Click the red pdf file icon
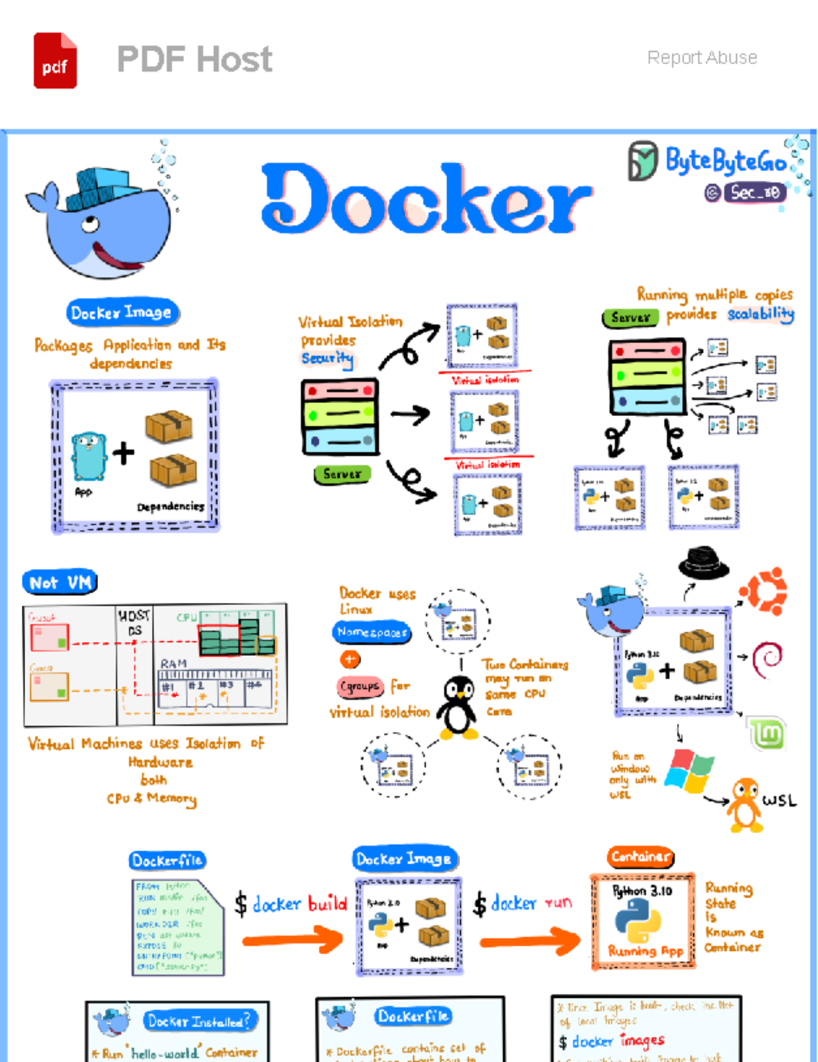pos(55,61)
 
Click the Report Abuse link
pos(702,58)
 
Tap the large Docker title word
pos(426,199)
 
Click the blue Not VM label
pos(60,582)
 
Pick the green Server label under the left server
pos(342,474)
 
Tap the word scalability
pos(760,314)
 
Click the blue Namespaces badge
pos(372,632)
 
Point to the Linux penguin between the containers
pos(457,708)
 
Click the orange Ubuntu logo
pos(763,590)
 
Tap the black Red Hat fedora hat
pos(703,563)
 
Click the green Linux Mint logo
pos(767,734)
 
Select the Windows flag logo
pos(690,771)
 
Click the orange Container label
pos(640,857)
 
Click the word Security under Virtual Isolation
pos(327,358)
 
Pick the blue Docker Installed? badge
pos(199,1021)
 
